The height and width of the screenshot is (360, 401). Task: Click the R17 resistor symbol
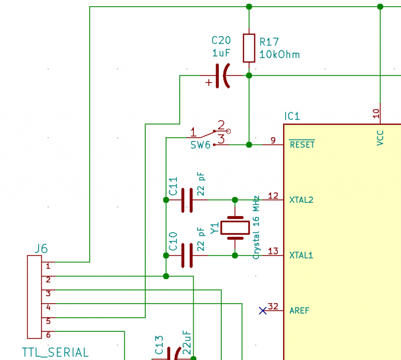click(249, 48)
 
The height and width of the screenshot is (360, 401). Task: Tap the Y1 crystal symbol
click(235, 227)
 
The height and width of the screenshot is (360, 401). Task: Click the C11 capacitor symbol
click(187, 200)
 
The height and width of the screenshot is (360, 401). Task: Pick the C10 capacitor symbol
click(187, 256)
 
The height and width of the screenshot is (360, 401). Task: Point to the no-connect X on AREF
click(263, 311)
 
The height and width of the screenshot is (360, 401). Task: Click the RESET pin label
click(302, 145)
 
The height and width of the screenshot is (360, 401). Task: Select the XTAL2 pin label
click(301, 200)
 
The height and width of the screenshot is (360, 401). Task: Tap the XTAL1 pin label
click(301, 256)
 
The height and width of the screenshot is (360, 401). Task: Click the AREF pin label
click(300, 311)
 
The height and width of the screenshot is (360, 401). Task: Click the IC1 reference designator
click(292, 116)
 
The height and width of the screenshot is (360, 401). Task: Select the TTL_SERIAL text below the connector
click(55, 353)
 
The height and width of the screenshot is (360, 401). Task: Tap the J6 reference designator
click(41, 249)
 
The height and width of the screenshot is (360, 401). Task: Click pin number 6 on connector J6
click(48, 335)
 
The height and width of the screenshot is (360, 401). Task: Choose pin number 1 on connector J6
click(48, 266)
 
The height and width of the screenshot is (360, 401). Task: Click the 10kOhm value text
click(280, 55)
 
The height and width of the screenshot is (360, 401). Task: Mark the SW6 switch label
click(200, 145)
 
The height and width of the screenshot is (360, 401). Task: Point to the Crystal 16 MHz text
click(256, 227)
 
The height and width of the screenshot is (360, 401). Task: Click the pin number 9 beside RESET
click(273, 140)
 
